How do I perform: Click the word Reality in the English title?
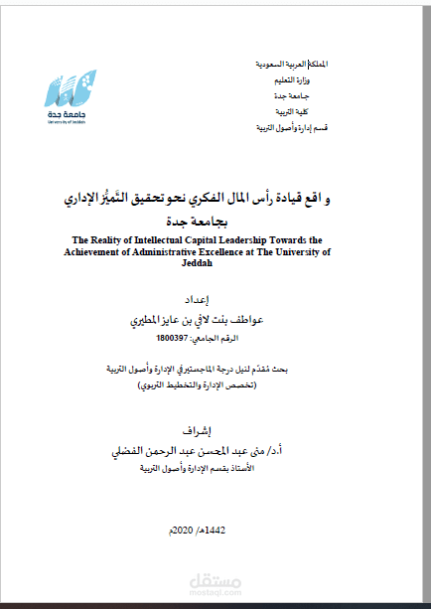point(116,239)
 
